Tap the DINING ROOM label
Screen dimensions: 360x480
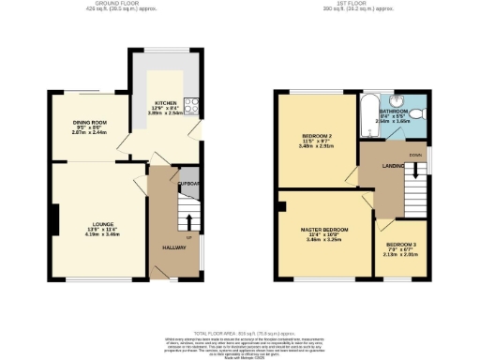tap(91, 123)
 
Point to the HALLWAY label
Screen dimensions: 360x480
tap(173, 247)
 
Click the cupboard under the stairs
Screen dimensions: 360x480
tap(189, 184)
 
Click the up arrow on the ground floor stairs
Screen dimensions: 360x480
tap(188, 222)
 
